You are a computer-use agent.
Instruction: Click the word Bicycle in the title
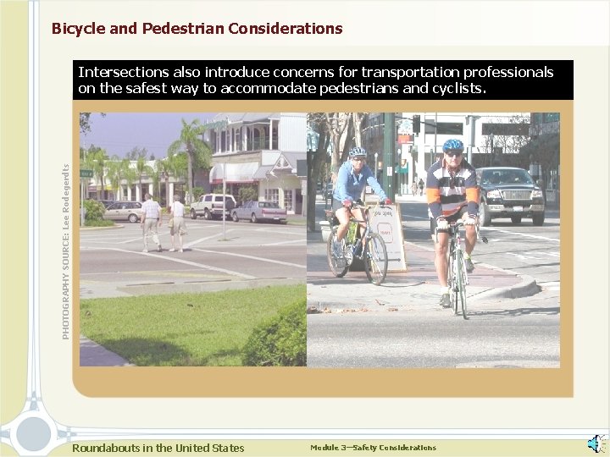pos(80,29)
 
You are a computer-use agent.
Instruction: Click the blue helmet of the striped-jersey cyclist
pos(452,145)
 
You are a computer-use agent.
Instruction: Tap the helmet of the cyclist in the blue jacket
pos(358,153)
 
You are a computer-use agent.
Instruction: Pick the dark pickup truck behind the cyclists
pos(509,194)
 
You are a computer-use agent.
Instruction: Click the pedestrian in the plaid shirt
pos(151,223)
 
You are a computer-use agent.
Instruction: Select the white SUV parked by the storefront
pos(211,206)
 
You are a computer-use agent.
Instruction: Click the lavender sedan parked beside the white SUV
pos(259,212)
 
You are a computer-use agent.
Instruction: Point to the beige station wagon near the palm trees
pos(124,212)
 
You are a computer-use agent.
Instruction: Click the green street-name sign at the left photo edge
pos(86,173)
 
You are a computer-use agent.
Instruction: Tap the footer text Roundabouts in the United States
pos(158,449)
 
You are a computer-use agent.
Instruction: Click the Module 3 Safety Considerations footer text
pos(373,448)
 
